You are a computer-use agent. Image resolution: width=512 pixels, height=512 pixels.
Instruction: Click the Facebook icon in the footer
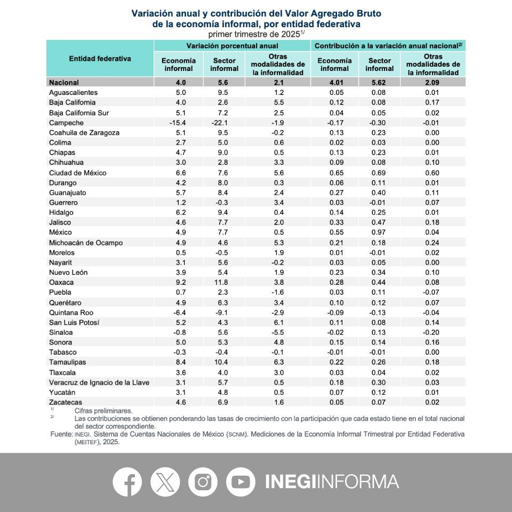coord(127,482)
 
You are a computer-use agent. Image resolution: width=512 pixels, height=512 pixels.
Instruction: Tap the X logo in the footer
coord(165,482)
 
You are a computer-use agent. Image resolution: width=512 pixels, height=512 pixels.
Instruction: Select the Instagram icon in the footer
coord(203,482)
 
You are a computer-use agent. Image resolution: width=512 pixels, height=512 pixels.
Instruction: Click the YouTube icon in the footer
coord(241,482)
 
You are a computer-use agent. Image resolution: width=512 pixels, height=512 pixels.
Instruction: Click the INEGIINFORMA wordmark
coord(332,482)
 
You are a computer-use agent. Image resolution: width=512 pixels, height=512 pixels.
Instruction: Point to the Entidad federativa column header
coord(100,59)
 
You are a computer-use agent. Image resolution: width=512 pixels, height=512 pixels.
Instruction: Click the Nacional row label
coord(64,83)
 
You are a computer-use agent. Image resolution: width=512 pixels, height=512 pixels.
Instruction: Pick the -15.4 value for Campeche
coord(179,123)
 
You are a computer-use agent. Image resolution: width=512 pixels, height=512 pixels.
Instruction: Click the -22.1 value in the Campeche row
coord(224,123)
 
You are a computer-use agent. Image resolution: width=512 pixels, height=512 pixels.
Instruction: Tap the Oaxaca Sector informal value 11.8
coord(224,282)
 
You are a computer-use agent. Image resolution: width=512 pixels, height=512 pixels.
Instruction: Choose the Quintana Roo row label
coord(71,312)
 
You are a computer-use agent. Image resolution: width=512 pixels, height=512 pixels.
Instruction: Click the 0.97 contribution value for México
coord(380,233)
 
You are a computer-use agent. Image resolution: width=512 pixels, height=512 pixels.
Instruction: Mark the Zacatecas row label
coord(66,402)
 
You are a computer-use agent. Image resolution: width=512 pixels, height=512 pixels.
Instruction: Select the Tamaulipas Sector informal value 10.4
coord(224,362)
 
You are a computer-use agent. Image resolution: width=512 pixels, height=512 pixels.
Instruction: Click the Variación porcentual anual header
coord(232,46)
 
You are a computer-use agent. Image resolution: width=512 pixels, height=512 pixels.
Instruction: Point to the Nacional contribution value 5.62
coord(380,83)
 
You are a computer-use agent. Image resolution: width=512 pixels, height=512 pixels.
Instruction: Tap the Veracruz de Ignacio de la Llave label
coord(99,382)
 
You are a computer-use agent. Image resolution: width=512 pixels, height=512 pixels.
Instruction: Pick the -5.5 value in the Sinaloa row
coord(277,332)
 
